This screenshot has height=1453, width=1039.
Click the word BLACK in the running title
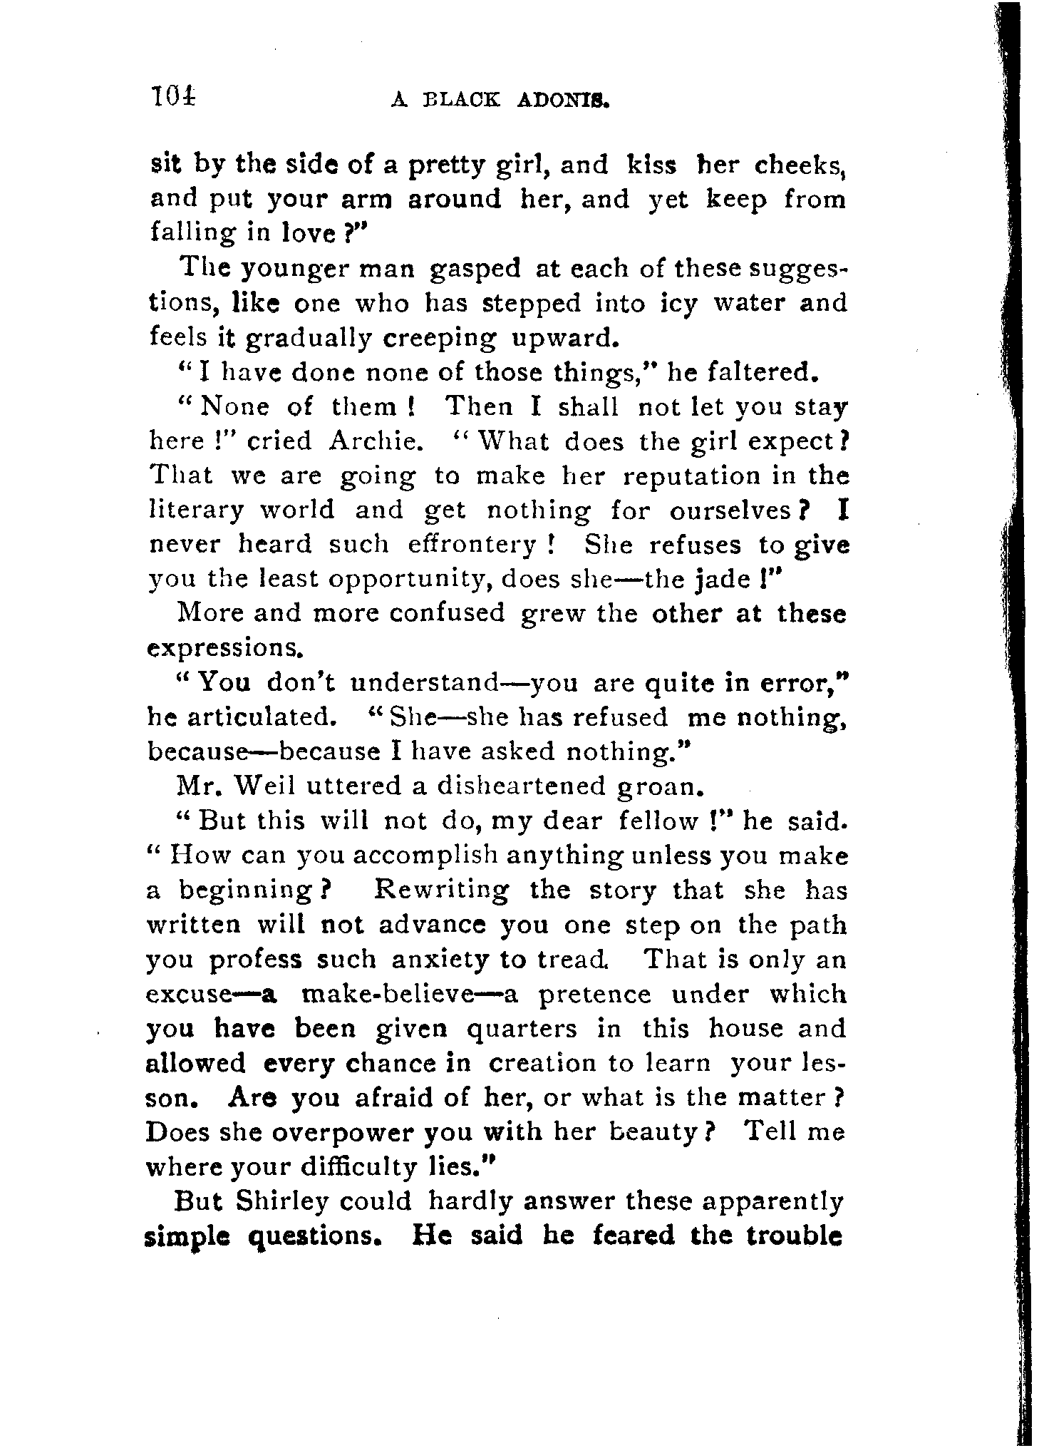[458, 101]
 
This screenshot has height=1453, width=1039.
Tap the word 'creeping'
[440, 338]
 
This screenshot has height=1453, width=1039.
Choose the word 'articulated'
[262, 717]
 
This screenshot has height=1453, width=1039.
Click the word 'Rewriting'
[442, 890]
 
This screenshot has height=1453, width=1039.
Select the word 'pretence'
[594, 994]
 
